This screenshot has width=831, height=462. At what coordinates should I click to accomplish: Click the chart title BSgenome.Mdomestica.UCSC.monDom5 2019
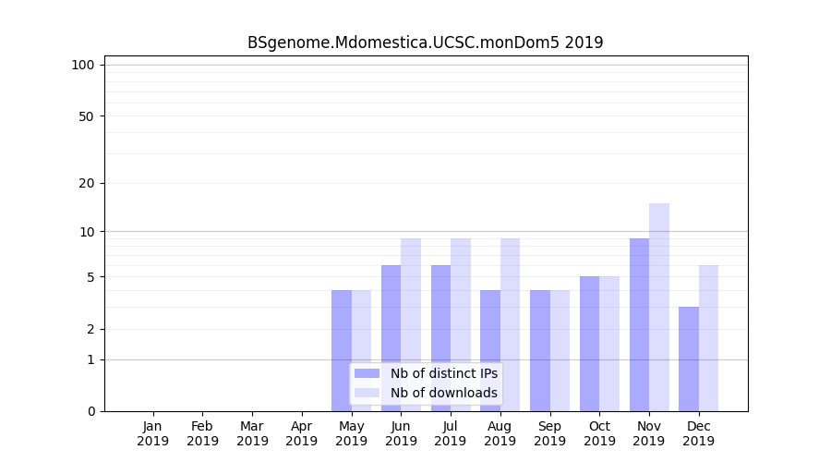pyautogui.click(x=425, y=43)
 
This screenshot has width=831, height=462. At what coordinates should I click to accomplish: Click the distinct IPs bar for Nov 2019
pyautogui.click(x=639, y=324)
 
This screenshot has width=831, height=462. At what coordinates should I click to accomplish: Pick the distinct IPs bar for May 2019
pyautogui.click(x=342, y=350)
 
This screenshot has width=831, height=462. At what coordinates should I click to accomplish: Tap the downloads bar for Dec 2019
pyautogui.click(x=708, y=338)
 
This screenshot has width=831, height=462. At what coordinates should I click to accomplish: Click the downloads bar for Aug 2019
pyautogui.click(x=510, y=324)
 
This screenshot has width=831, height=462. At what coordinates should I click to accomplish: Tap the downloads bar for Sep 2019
pyautogui.click(x=560, y=350)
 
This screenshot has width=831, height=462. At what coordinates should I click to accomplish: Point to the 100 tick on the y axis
pyautogui.click(x=83, y=65)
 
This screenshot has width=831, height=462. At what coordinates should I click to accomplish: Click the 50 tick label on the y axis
pyautogui.click(x=86, y=116)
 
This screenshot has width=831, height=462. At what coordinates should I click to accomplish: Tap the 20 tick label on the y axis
pyautogui.click(x=86, y=183)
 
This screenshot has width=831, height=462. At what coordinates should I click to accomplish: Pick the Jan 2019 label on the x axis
pyautogui.click(x=153, y=433)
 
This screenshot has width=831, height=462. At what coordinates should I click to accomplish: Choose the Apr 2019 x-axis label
pyautogui.click(x=302, y=433)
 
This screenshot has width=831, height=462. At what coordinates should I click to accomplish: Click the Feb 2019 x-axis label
pyautogui.click(x=202, y=433)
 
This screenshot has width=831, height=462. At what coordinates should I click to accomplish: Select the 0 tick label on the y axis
pyautogui.click(x=90, y=411)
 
